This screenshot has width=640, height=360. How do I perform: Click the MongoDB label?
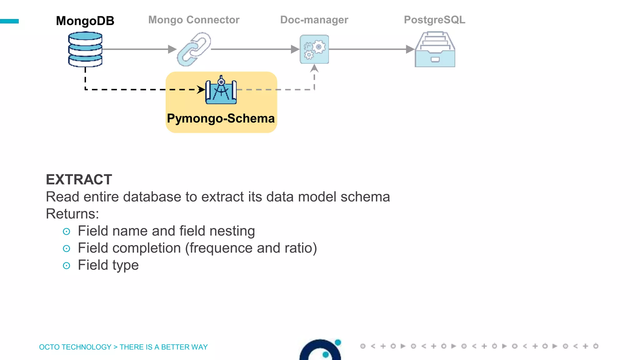pyautogui.click(x=85, y=21)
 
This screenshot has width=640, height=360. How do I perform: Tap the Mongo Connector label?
pyautogui.click(x=194, y=20)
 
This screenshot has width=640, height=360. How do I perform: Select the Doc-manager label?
pyautogui.click(x=314, y=20)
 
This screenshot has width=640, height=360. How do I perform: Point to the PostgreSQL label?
pyautogui.click(x=434, y=20)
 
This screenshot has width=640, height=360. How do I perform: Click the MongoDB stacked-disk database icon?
pyautogui.click(x=85, y=49)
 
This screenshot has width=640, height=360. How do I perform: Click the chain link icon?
pyautogui.click(x=194, y=49)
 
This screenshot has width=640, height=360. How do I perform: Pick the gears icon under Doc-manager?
pyautogui.click(x=314, y=49)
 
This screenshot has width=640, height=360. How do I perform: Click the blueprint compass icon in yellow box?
pyautogui.click(x=221, y=90)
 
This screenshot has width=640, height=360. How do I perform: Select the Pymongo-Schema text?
pyautogui.click(x=221, y=118)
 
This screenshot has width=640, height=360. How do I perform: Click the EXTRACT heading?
pyautogui.click(x=79, y=180)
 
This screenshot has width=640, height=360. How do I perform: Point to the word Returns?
pyautogui.click(x=72, y=214)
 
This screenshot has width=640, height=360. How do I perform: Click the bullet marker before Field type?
pyautogui.click(x=66, y=266)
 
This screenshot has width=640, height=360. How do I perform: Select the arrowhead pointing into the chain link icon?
pyautogui.click(x=172, y=49)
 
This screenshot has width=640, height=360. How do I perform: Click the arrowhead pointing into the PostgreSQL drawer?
pyautogui.click(x=410, y=49)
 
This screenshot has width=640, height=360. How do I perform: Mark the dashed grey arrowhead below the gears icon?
pyautogui.click(x=314, y=68)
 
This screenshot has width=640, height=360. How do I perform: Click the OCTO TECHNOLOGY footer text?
pyautogui.click(x=75, y=347)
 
